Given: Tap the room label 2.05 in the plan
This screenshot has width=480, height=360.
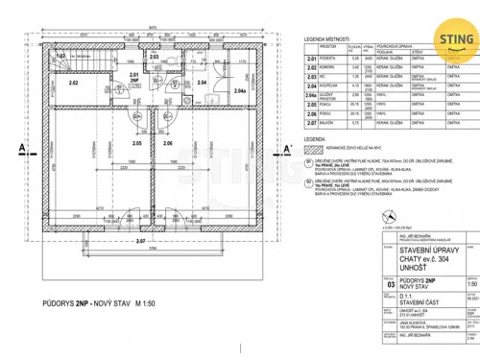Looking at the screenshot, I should (x=137, y=142).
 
